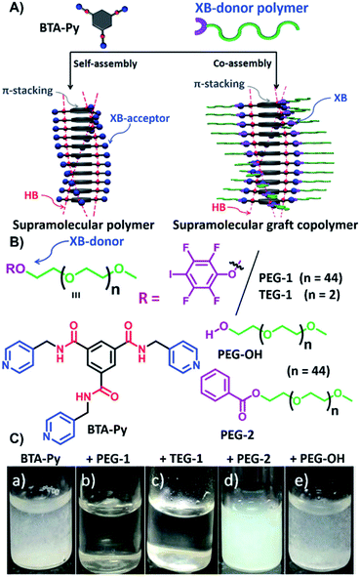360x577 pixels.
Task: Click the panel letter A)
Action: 13,9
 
